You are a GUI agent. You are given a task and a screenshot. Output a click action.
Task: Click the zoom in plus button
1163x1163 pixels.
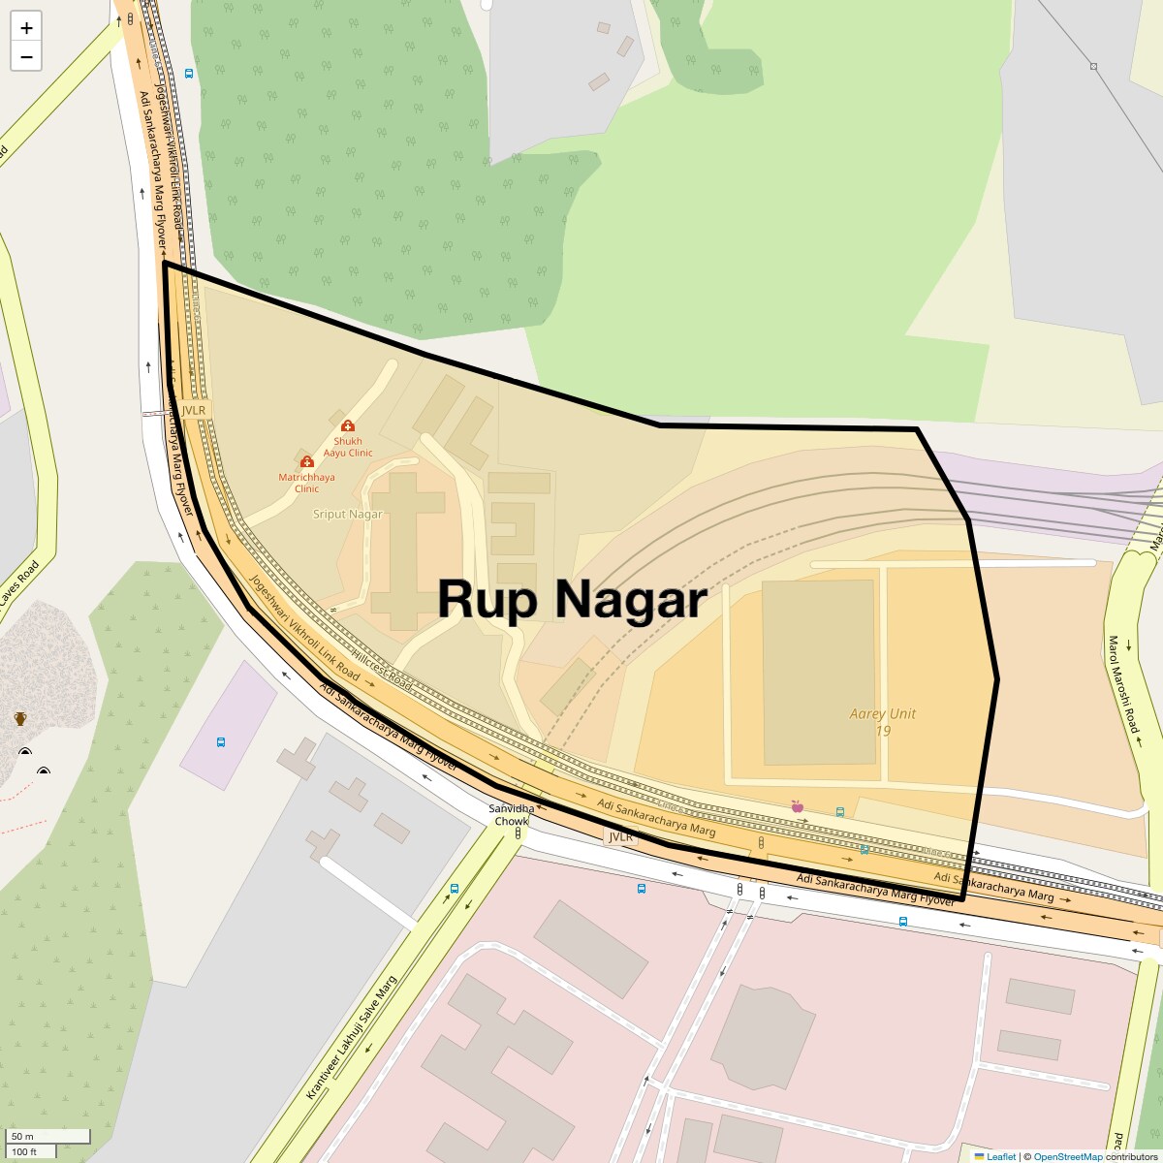pyautogui.click(x=26, y=28)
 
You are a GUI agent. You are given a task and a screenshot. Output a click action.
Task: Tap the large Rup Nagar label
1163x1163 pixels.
pyautogui.click(x=572, y=599)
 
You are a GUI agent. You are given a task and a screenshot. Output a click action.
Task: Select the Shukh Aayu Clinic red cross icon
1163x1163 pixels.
pyautogui.click(x=347, y=426)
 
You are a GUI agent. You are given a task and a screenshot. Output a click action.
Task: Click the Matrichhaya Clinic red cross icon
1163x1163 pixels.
pyautogui.click(x=307, y=462)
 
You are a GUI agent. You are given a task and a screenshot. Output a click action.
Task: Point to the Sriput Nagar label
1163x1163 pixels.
pyautogui.click(x=348, y=515)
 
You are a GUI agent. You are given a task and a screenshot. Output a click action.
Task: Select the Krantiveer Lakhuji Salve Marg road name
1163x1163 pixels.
pyautogui.click(x=352, y=1037)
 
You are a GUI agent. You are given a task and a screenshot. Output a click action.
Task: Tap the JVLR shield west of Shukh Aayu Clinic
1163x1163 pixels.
pyautogui.click(x=194, y=410)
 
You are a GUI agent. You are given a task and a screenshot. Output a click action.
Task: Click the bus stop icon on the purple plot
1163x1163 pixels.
pyautogui.click(x=221, y=743)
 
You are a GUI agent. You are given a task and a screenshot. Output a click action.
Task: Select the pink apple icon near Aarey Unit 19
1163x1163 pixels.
pyautogui.click(x=798, y=806)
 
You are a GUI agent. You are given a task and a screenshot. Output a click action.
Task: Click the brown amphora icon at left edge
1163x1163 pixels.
pyautogui.click(x=20, y=718)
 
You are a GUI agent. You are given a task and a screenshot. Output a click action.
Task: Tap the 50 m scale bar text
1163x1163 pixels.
pyautogui.click(x=23, y=1136)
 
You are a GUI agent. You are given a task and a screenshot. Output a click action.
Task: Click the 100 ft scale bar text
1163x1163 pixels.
pyautogui.click(x=24, y=1151)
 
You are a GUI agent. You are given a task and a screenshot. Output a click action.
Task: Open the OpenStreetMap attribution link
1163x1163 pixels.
pyautogui.click(x=1067, y=1156)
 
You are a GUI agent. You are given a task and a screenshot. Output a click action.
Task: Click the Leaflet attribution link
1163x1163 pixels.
pyautogui.click(x=1000, y=1156)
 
